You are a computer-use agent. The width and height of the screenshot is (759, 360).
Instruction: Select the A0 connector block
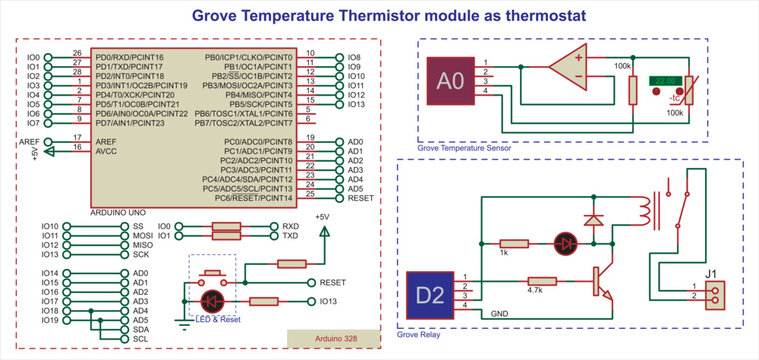tap(450, 81)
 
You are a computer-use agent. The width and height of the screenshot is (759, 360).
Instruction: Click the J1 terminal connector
tap(711, 292)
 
